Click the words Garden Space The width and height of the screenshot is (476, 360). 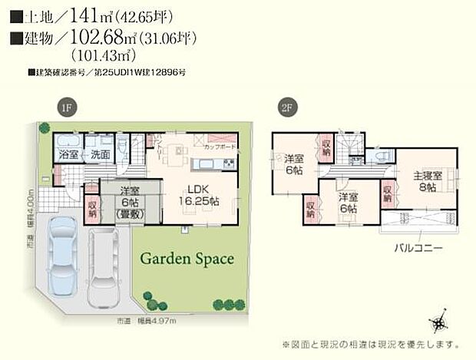click(187, 259)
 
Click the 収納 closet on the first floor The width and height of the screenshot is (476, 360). click(91, 208)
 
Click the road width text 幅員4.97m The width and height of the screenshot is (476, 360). click(178, 320)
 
